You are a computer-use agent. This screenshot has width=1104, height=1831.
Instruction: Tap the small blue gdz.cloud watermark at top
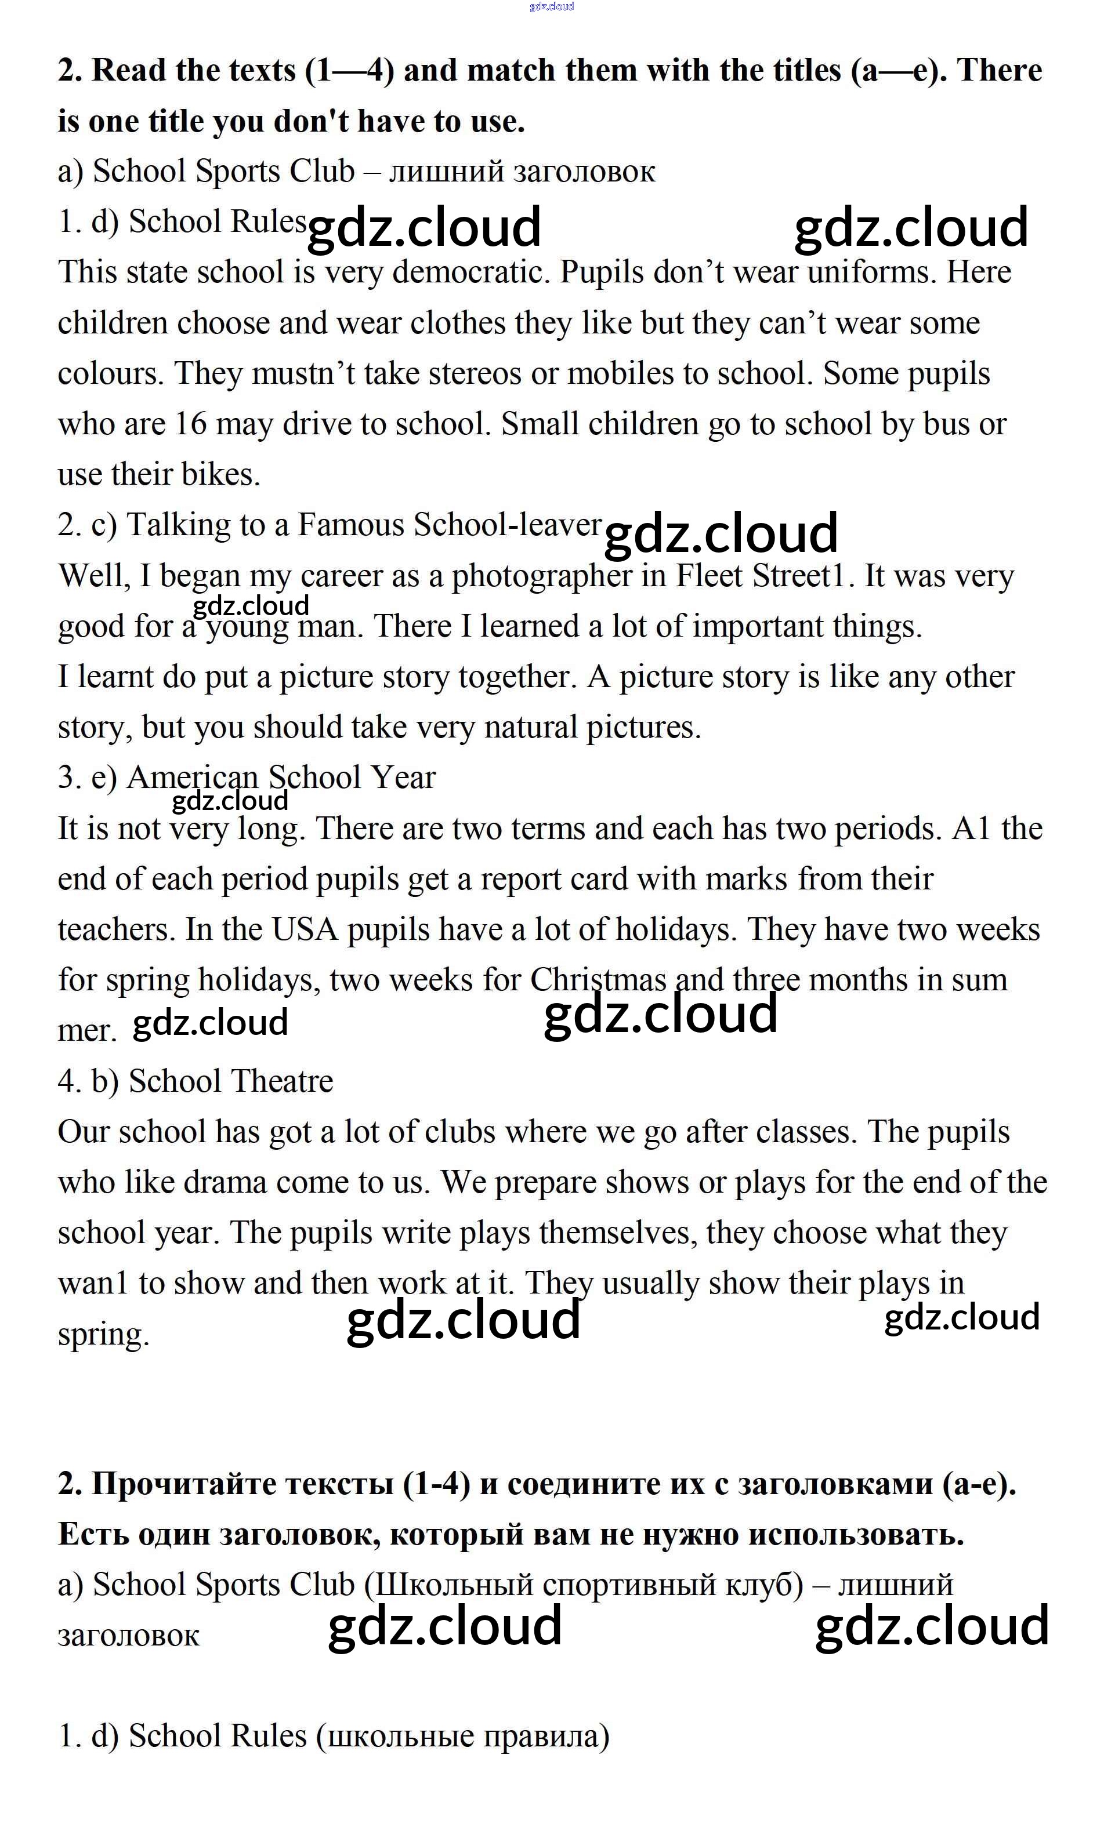click(552, 7)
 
